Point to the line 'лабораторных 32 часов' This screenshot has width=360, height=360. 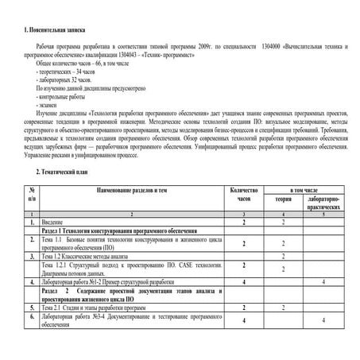coord(60,81)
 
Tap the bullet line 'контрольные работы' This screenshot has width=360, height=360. coord(58,98)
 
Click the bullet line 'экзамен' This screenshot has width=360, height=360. coord(46,106)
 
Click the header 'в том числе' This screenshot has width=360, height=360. coord(304,191)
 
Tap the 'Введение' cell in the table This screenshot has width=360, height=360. coord(56,223)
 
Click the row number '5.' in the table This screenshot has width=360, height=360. coord(31,306)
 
